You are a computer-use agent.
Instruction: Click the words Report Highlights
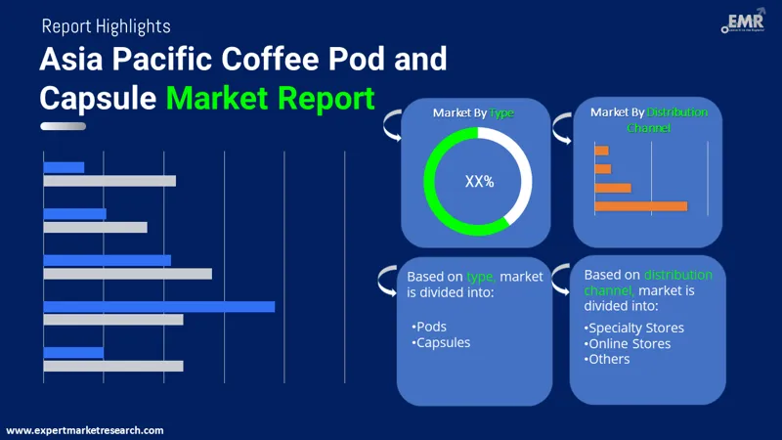click(106, 26)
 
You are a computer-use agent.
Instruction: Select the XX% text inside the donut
click(479, 181)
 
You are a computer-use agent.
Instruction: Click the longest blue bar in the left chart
click(159, 307)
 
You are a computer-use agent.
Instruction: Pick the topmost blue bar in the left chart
click(65, 167)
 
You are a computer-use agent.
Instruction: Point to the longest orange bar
click(640, 206)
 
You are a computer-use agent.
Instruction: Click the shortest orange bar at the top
click(601, 151)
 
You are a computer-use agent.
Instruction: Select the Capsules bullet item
click(441, 342)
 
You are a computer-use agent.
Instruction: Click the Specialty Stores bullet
click(634, 328)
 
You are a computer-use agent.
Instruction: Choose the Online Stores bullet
click(628, 343)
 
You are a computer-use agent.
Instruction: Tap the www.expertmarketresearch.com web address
click(85, 430)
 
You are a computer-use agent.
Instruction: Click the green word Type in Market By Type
click(502, 113)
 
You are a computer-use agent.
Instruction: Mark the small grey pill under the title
click(63, 126)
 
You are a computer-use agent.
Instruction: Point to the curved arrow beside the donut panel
click(391, 124)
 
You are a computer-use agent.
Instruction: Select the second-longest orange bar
click(613, 188)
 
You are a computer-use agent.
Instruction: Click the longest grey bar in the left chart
click(128, 274)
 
